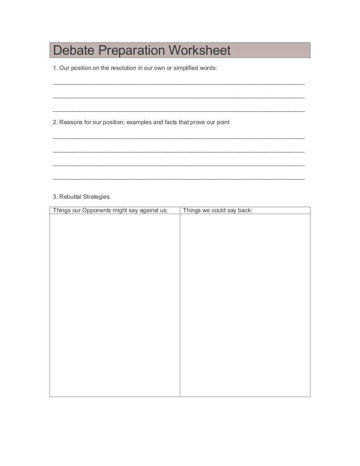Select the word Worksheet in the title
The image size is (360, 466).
pyautogui.click(x=199, y=50)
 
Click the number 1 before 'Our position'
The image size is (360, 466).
pyautogui.click(x=55, y=68)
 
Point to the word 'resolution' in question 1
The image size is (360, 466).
pyautogui.click(x=124, y=68)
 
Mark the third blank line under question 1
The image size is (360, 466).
pyautogui.click(x=179, y=111)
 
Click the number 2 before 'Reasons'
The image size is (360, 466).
pyautogui.click(x=55, y=122)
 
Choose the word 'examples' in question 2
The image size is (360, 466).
pyautogui.click(x=138, y=122)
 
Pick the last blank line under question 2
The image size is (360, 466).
pyautogui.click(x=179, y=179)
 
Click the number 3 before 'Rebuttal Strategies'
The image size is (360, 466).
pyautogui.click(x=55, y=197)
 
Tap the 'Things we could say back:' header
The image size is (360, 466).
pyautogui.click(x=218, y=211)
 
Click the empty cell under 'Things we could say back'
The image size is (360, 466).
pyautogui.click(x=245, y=305)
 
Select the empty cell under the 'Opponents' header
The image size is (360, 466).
pyautogui.click(x=115, y=305)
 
